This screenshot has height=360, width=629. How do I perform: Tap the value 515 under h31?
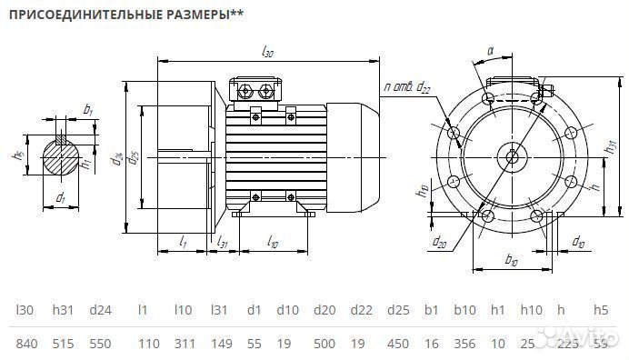click(x=63, y=343)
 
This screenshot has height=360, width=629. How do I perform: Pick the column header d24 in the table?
click(x=100, y=310)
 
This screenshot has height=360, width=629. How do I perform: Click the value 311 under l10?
click(x=183, y=343)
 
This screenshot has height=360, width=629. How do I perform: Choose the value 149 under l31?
click(x=222, y=343)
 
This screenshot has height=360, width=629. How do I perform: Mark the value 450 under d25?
click(x=398, y=343)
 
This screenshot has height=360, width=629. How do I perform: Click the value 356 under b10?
click(x=464, y=343)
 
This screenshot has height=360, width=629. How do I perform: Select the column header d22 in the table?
click(x=361, y=310)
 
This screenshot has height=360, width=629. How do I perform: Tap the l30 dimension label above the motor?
click(x=267, y=53)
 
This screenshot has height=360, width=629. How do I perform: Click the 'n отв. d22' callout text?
click(x=407, y=86)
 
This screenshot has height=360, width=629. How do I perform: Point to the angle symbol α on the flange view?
click(x=490, y=53)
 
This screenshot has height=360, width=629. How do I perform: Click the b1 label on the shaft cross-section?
click(x=88, y=109)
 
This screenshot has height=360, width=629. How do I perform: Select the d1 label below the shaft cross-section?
click(x=60, y=196)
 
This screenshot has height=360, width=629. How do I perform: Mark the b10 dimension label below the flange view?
click(x=511, y=262)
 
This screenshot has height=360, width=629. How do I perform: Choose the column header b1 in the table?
click(x=432, y=310)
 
